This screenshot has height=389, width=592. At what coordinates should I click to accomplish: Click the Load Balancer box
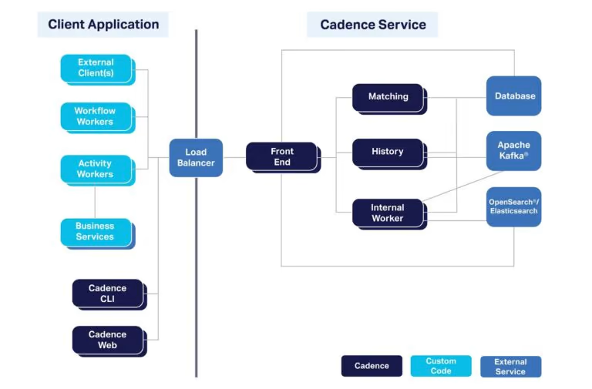click(x=196, y=158)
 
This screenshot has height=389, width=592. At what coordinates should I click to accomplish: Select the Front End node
click(x=283, y=157)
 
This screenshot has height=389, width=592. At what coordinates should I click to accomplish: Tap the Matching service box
click(x=389, y=99)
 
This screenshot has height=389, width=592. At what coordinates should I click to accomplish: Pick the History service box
click(x=389, y=154)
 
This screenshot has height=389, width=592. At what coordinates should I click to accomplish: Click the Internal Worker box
click(x=389, y=214)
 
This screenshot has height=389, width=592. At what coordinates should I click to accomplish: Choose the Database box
click(x=513, y=96)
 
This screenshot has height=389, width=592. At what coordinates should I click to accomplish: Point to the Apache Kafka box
click(x=513, y=151)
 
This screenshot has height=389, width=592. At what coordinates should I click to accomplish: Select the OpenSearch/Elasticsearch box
click(x=513, y=206)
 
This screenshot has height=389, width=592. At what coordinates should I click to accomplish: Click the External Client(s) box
click(x=98, y=70)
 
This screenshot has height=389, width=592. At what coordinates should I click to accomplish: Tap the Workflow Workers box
click(x=98, y=118)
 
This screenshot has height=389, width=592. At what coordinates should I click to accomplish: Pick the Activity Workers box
click(x=98, y=170)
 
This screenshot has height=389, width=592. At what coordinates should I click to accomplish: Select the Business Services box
click(x=98, y=233)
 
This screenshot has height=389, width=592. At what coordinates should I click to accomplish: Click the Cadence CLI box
click(x=109, y=294)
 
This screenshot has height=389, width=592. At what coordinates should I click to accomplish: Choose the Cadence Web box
click(x=109, y=341)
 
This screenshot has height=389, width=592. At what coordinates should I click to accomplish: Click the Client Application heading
click(x=103, y=25)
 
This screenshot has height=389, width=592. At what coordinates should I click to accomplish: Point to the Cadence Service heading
click(x=372, y=25)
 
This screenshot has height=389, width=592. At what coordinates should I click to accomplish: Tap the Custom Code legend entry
click(x=441, y=366)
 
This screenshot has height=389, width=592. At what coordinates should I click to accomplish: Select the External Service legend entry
click(x=510, y=367)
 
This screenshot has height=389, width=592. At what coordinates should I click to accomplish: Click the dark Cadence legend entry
click(x=372, y=366)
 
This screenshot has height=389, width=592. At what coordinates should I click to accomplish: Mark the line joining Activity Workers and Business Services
click(x=95, y=203)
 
